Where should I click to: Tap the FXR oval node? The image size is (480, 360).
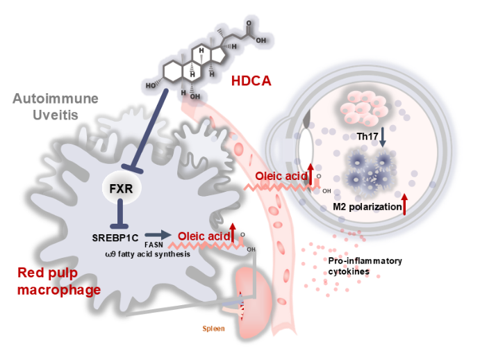point(121,188)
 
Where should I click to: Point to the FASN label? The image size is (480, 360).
point(154,245)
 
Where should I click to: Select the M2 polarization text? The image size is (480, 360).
point(367,206)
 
